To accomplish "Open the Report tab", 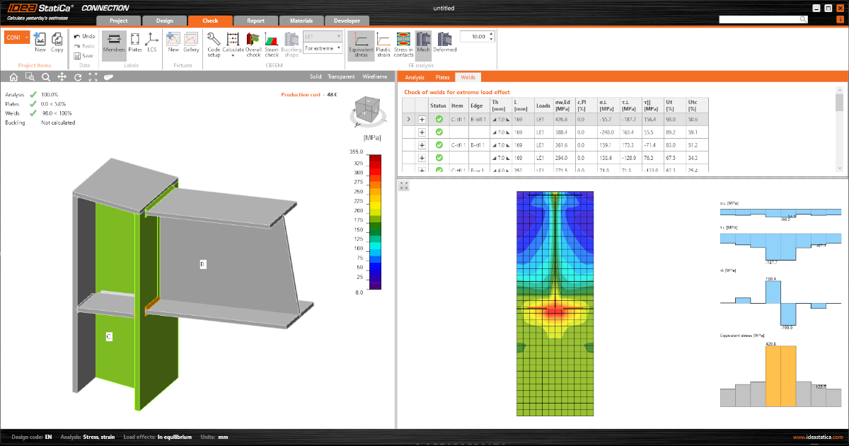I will coord(255,21).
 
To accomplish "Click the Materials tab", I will coord(301,21).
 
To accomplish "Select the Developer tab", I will coord(347,21).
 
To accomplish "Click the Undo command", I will coord(84,36).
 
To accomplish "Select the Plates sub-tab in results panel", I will coord(442,77).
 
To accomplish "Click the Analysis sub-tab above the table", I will coord(415,77).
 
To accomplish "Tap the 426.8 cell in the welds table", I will coord(562,120).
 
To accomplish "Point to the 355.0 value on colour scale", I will coord(355,151).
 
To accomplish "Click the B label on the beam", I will coord(202,264).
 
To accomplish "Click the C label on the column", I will coord(108,336).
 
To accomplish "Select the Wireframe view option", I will coord(375,76).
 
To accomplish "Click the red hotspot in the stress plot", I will coord(555,310).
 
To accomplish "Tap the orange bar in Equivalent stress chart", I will coord(780,376).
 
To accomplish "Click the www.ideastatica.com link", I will coord(818,438).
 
